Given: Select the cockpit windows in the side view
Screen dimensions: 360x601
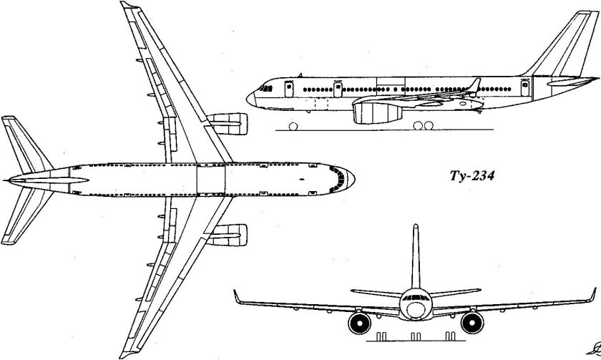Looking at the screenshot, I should tap(265, 88).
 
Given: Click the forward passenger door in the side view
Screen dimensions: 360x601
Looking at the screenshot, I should tap(289, 89).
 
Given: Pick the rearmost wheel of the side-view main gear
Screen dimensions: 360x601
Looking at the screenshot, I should tap(429, 126).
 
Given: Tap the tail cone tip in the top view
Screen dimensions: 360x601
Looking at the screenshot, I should tap(5, 177).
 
